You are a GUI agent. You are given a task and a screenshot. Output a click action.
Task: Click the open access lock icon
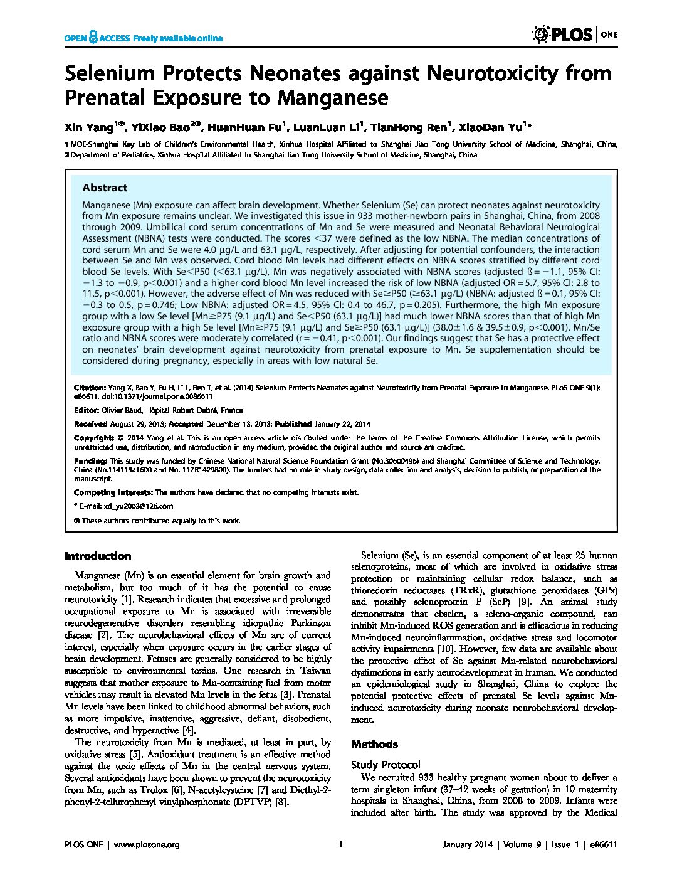(x=93, y=38)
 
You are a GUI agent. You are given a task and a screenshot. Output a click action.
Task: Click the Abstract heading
(x=105, y=188)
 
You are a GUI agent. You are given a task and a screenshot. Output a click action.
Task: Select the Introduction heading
(x=98, y=556)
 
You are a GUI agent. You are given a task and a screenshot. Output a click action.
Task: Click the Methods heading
(x=374, y=744)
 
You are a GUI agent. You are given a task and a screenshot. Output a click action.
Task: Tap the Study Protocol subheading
(x=386, y=765)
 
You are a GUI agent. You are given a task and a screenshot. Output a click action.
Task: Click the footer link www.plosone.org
(x=148, y=844)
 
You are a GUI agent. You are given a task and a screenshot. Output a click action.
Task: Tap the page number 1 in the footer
(x=340, y=844)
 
